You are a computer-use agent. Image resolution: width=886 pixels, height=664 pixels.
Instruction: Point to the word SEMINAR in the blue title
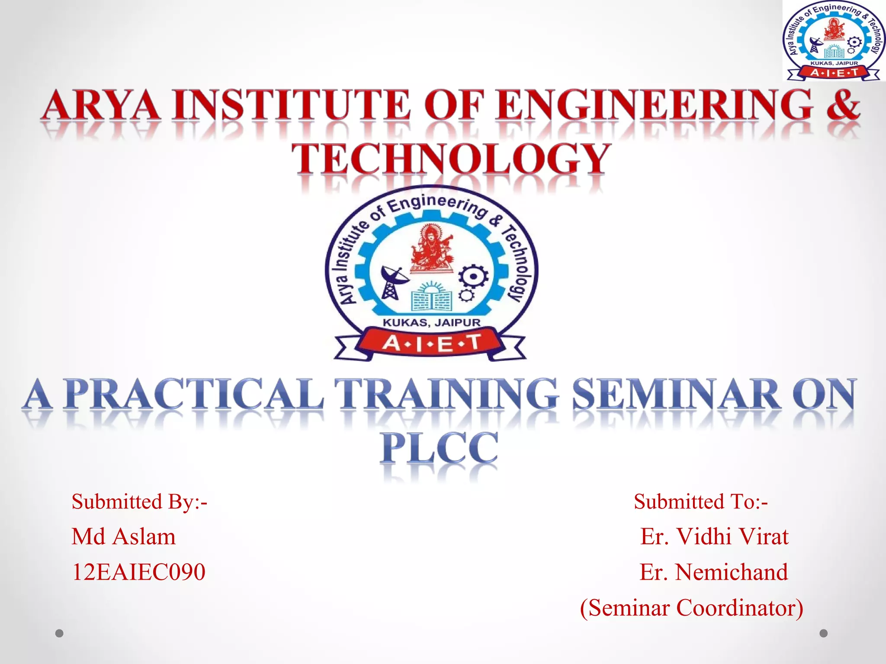pos(676,394)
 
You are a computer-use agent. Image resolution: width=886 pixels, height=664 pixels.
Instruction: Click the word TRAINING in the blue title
pos(446,394)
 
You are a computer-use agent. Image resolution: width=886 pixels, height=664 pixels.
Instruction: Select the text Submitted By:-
pos(139,502)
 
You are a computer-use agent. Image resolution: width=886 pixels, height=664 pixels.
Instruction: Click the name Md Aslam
pos(124,537)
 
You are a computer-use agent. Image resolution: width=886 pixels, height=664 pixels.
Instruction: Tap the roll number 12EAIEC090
pos(138,572)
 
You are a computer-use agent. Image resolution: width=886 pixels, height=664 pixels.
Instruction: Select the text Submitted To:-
pos(700,502)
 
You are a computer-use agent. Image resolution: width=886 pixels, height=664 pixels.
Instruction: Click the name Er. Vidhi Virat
pos(714,537)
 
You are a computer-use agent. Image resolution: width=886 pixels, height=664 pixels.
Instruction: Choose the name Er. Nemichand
pos(713,572)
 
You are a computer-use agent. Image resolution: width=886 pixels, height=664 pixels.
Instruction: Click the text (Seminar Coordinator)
pos(691,607)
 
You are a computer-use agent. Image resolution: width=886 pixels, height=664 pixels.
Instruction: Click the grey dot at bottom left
pos(59,633)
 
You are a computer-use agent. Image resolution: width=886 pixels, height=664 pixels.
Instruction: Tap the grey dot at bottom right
pos(824,633)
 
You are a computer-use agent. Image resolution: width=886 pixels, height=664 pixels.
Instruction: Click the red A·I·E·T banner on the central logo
pos(431,344)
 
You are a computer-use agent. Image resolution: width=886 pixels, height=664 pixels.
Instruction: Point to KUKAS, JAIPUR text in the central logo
pos(431,322)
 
